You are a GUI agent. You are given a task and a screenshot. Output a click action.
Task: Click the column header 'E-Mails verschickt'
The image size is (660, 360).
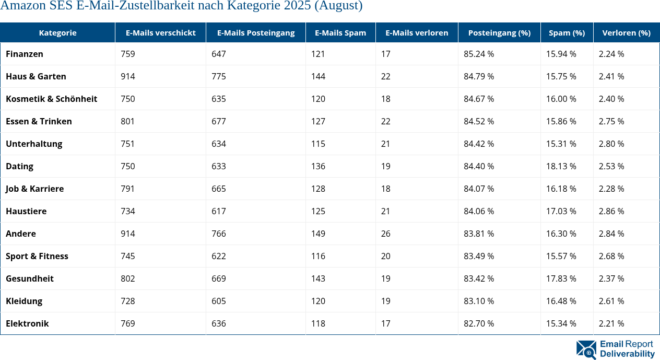[x=160, y=32]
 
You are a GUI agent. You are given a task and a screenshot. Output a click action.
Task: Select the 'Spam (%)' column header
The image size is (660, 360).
[x=567, y=32]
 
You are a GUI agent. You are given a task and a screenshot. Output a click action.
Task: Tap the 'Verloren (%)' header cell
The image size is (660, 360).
[x=626, y=32]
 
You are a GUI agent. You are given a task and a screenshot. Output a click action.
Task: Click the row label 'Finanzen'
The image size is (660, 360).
[x=25, y=54]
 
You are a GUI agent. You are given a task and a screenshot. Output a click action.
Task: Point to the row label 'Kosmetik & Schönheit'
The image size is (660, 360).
[x=51, y=99]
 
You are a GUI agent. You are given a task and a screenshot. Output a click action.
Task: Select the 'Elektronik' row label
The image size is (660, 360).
[x=27, y=323]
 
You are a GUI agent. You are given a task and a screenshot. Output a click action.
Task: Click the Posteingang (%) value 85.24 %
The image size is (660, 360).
[x=479, y=54]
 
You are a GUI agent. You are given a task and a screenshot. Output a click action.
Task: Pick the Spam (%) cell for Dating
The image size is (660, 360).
[x=561, y=166]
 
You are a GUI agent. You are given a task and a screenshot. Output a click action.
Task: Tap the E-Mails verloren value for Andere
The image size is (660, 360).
[x=385, y=234]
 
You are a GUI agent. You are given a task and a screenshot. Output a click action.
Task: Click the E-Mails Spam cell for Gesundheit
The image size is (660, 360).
[x=318, y=278]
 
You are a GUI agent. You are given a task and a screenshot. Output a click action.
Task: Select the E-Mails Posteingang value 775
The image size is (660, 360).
[x=219, y=76]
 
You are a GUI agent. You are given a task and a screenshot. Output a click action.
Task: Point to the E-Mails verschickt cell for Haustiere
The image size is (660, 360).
[x=127, y=211]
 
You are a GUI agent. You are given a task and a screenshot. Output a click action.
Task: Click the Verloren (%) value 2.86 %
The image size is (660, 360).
[x=611, y=211]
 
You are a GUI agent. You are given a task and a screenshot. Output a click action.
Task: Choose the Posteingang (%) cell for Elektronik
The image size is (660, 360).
[x=479, y=323]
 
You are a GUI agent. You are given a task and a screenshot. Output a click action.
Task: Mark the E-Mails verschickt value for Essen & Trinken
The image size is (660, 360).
[x=127, y=121]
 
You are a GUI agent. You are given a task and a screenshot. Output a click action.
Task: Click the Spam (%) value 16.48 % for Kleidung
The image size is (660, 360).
[x=561, y=301]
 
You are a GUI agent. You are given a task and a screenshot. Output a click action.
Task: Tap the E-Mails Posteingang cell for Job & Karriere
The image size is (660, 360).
[x=219, y=189]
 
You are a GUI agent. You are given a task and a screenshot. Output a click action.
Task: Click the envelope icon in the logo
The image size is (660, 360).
[x=586, y=350]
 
